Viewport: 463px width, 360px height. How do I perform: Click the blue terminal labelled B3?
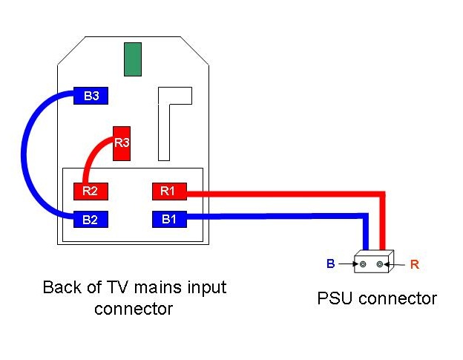(91, 96)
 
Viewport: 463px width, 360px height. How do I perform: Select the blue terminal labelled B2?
(91, 220)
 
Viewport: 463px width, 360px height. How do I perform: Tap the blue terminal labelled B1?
(169, 220)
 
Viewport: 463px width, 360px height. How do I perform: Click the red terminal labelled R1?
(169, 192)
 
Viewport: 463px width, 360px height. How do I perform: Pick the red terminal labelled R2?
(91, 192)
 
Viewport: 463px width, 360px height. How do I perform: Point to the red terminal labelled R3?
(122, 144)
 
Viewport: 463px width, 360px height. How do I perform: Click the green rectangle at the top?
(133, 59)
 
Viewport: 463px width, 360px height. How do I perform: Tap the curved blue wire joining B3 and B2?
(24, 154)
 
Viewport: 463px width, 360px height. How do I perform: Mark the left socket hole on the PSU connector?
(363, 264)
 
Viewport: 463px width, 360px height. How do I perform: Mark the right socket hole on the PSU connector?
(380, 264)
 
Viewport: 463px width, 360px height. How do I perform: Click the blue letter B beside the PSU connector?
(331, 264)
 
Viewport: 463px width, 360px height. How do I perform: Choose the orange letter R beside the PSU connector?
(415, 264)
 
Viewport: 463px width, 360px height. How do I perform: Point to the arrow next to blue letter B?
(348, 264)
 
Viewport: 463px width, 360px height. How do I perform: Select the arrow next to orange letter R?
(394, 264)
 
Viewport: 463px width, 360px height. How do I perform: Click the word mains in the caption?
(157, 287)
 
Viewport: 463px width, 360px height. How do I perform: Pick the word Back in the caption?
(62, 287)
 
